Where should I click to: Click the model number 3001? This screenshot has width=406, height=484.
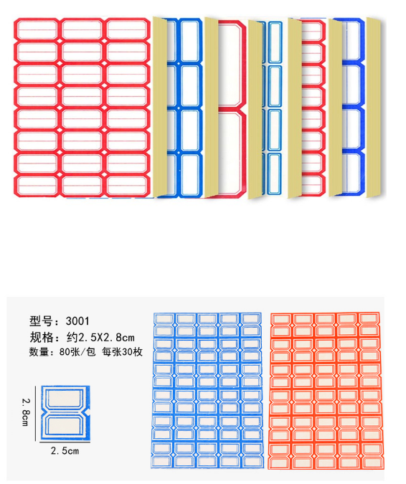pos(77,321)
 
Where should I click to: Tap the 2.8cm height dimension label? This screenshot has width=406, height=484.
pos(27,412)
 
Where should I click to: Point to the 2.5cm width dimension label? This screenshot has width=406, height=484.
pos(65,451)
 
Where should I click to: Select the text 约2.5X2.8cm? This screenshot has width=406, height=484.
pos(100,338)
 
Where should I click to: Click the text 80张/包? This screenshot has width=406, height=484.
pos(77,352)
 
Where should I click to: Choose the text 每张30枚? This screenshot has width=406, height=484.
pos(122,352)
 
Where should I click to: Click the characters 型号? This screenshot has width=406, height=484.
pos(41,321)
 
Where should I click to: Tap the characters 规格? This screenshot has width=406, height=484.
pos(41,338)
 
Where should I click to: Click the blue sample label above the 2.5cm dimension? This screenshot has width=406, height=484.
pos(65,413)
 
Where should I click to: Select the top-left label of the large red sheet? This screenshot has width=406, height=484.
pos(37,29)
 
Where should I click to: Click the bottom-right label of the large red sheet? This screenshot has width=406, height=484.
pos(126,186)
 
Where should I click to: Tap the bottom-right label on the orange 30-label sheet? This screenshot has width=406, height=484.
pos(369,456)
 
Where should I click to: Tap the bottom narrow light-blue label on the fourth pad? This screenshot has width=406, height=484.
pos(275,174)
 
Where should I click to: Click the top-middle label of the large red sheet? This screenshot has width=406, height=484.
pos(82,29)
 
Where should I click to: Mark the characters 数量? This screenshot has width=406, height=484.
pos(39,352)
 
